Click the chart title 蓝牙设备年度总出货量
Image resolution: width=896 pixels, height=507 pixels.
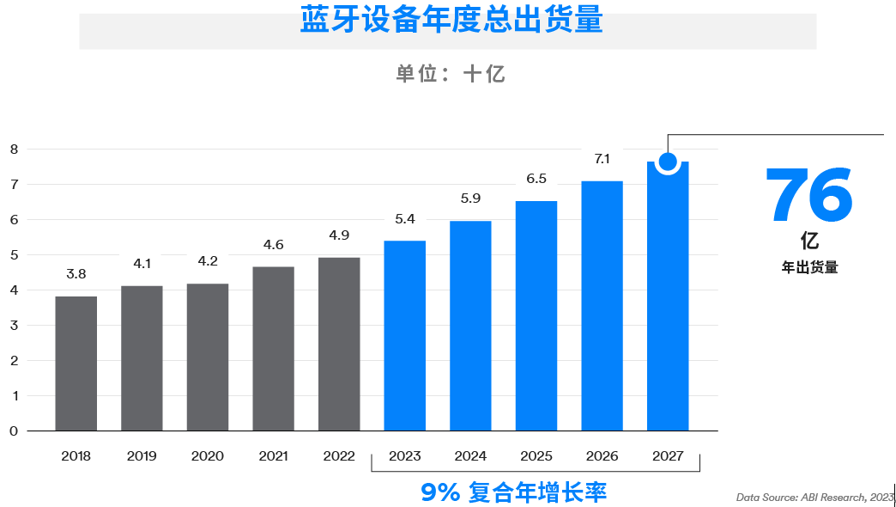click(x=451, y=20)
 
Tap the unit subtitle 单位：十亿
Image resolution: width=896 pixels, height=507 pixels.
click(x=451, y=74)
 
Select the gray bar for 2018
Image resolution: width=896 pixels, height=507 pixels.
click(x=76, y=363)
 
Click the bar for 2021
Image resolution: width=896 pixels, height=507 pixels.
click(x=274, y=349)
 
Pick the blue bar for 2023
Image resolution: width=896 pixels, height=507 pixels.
click(x=405, y=336)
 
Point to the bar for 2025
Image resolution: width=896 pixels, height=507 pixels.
click(x=536, y=316)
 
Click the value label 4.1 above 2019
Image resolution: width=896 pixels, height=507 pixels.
click(x=142, y=264)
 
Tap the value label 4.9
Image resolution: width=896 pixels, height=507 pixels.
click(x=339, y=235)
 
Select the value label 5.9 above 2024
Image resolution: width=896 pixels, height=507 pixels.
click(x=470, y=199)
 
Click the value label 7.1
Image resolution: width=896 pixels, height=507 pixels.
click(x=602, y=159)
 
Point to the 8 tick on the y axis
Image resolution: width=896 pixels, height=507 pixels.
click(x=14, y=149)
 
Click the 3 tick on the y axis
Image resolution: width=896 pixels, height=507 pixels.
click(x=14, y=326)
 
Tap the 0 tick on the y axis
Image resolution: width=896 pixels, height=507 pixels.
click(x=14, y=431)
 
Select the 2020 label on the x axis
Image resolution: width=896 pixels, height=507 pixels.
click(x=208, y=456)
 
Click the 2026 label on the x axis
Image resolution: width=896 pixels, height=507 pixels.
click(x=602, y=456)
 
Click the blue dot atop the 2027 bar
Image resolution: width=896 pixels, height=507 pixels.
click(x=668, y=162)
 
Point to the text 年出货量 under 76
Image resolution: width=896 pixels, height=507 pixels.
click(x=809, y=267)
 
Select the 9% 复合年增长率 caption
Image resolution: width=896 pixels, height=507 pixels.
click(x=514, y=493)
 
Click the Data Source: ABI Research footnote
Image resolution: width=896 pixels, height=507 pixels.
click(x=814, y=497)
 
